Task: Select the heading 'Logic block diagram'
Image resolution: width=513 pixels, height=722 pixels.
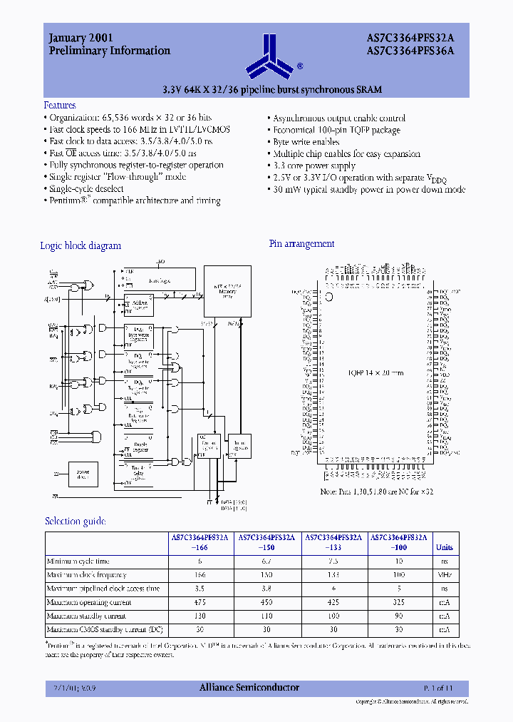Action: pyautogui.click(x=81, y=245)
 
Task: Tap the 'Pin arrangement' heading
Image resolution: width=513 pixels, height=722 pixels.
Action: pyautogui.click(x=301, y=244)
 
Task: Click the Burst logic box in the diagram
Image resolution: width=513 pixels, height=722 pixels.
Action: pyautogui.click(x=159, y=280)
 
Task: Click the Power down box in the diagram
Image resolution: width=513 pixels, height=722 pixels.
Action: pyautogui.click(x=83, y=474)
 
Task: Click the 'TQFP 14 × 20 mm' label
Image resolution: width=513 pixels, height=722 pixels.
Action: pyautogui.click(x=375, y=372)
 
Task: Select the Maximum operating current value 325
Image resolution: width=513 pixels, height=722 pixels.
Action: pyautogui.click(x=402, y=602)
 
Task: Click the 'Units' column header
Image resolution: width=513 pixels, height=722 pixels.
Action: pyautogui.click(x=444, y=547)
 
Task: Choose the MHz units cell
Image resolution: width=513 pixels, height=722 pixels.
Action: pyautogui.click(x=444, y=575)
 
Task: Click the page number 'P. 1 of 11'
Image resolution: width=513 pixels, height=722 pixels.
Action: pyautogui.click(x=438, y=688)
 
